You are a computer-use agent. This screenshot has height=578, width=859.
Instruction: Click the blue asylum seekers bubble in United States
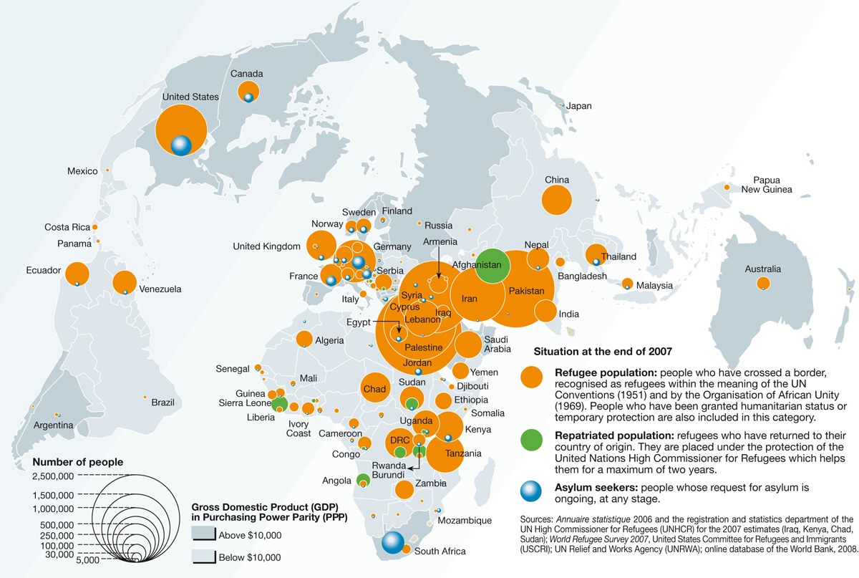pyautogui.click(x=181, y=145)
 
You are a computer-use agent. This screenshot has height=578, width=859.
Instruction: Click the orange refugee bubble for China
pyautogui.click(x=557, y=200)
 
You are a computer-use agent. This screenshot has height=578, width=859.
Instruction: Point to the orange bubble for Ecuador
pyautogui.click(x=77, y=274)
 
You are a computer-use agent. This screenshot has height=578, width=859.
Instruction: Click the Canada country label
pyautogui.click(x=247, y=74)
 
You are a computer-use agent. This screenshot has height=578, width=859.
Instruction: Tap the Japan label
pyautogui.click(x=579, y=106)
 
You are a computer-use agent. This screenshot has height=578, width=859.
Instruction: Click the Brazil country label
pyautogui.click(x=162, y=403)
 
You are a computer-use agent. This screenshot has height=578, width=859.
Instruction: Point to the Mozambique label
pyautogui.click(x=465, y=520)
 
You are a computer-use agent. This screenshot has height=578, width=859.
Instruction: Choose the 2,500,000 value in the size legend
pyautogui.click(x=54, y=476)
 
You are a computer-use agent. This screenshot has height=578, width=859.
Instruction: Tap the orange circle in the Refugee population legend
pyautogui.click(x=531, y=377)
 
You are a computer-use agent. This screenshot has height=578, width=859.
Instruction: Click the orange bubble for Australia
pyautogui.click(x=763, y=284)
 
